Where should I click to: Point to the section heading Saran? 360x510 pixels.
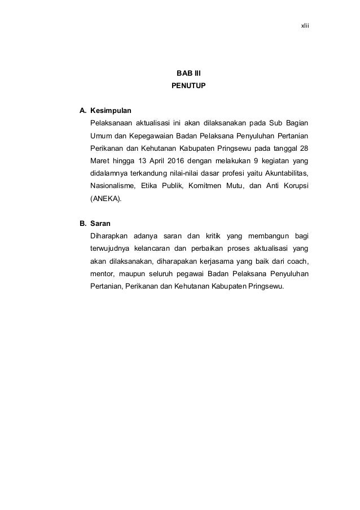[x=100, y=223]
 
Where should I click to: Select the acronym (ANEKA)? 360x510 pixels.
[x=106, y=199]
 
